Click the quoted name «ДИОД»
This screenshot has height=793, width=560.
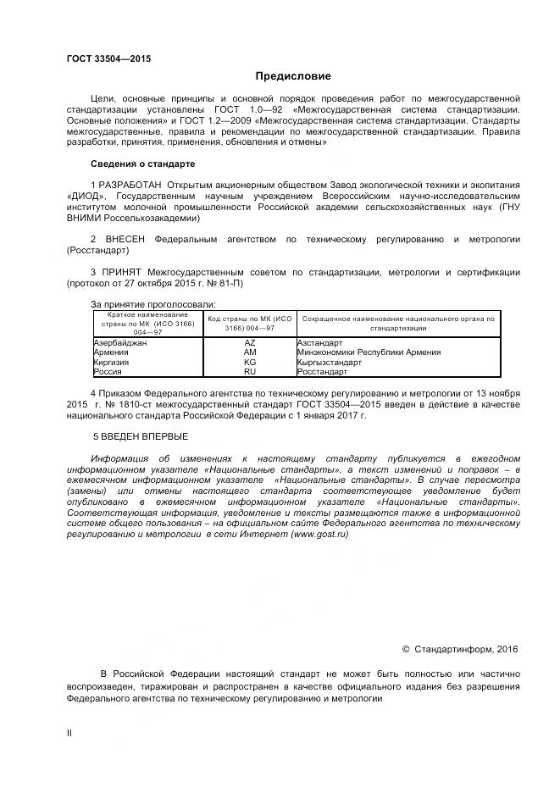point(84,196)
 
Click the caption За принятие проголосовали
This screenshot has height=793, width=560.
point(152,303)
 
